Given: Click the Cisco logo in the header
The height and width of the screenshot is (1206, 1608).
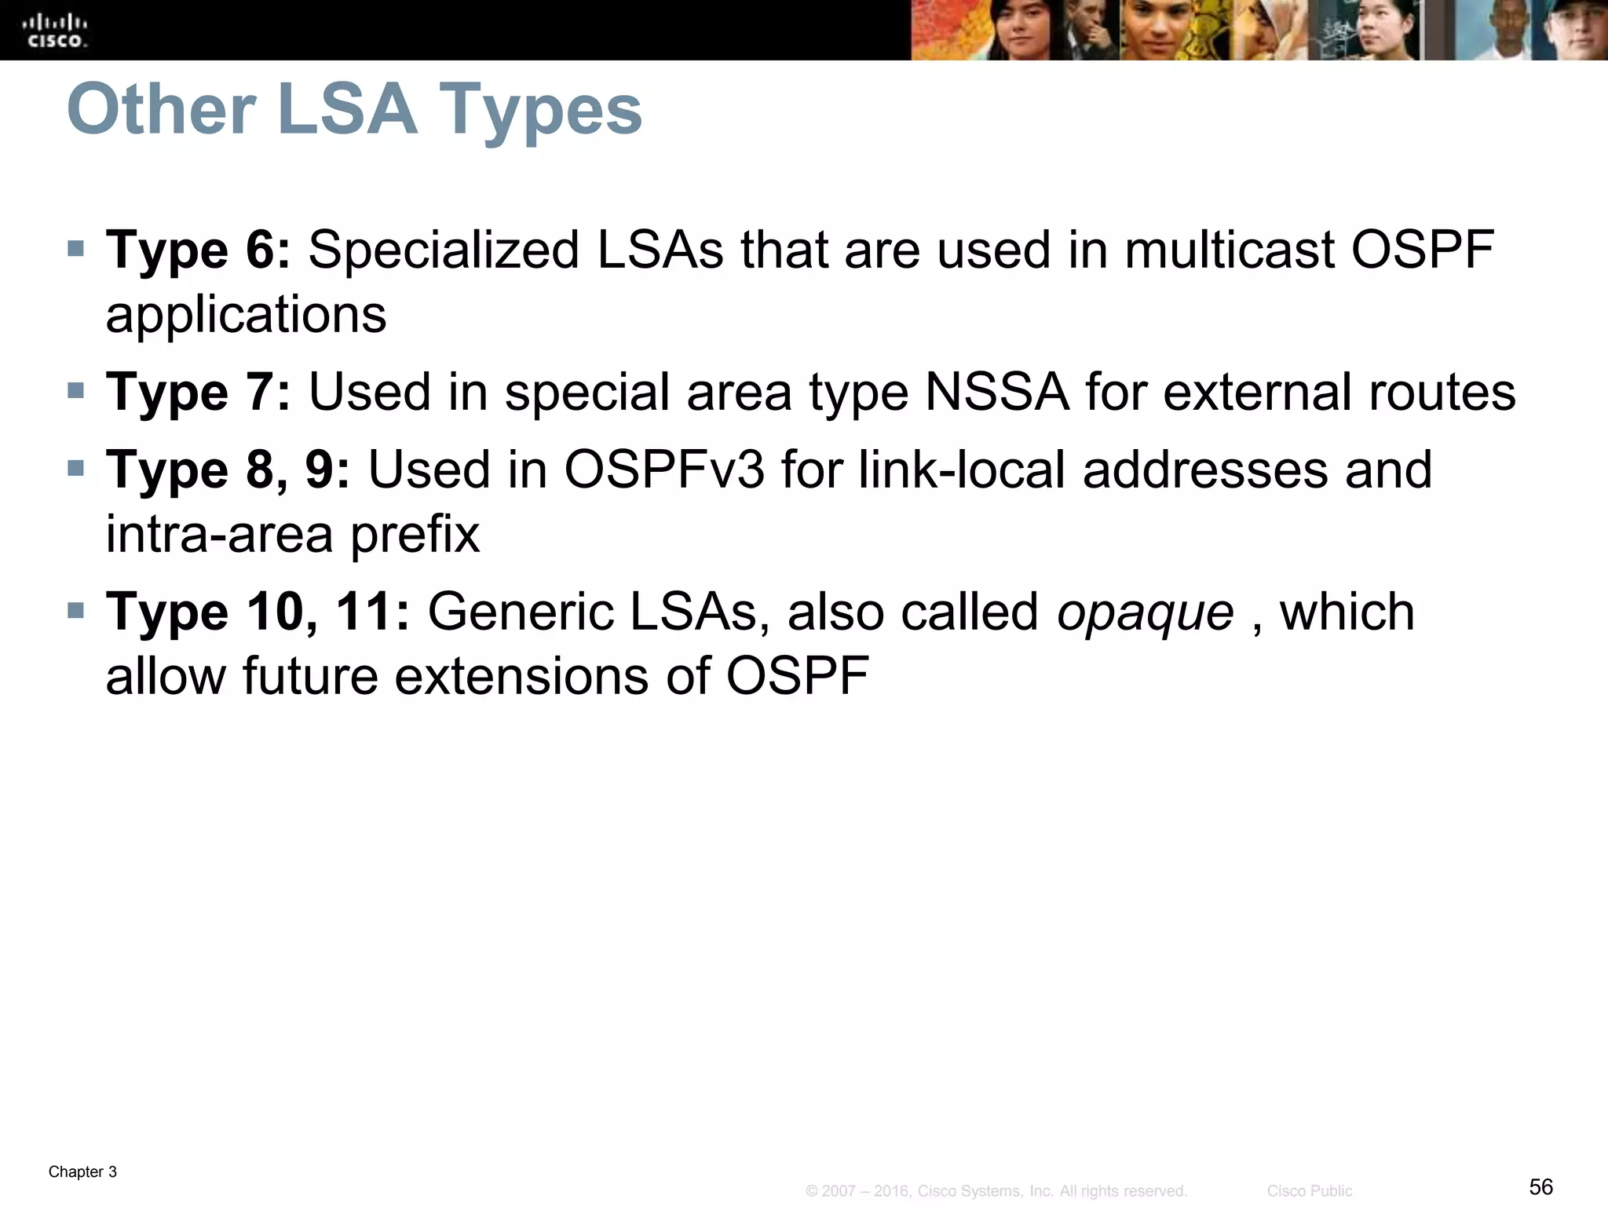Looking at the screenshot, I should tap(56, 31).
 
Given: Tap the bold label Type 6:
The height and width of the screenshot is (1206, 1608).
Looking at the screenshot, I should tap(198, 250).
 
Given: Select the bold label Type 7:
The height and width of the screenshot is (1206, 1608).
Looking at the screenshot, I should tap(198, 392).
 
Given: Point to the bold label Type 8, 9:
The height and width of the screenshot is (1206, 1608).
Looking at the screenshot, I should tap(228, 470).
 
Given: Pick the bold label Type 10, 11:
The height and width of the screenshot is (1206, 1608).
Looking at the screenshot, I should tap(258, 612).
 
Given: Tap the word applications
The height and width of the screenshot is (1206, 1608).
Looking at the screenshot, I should tap(246, 315).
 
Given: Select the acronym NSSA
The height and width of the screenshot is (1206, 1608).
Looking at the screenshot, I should tap(996, 392).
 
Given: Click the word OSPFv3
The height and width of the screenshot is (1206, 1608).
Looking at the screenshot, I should tap(664, 470).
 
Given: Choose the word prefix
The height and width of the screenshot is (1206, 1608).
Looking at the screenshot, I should tap(415, 535).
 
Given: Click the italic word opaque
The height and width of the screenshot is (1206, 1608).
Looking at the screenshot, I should tap(1145, 613).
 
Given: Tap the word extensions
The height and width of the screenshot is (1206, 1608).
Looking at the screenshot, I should tap(521, 676).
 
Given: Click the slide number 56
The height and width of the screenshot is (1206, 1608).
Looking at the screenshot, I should tap(1540, 1186).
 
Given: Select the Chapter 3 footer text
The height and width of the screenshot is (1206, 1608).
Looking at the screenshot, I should tap(82, 1172).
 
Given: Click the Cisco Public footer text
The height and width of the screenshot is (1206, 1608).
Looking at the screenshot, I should tap(1309, 1191).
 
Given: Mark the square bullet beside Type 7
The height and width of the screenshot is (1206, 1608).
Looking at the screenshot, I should tap(75, 390).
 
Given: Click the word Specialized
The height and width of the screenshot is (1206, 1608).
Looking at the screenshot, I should tap(444, 252).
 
